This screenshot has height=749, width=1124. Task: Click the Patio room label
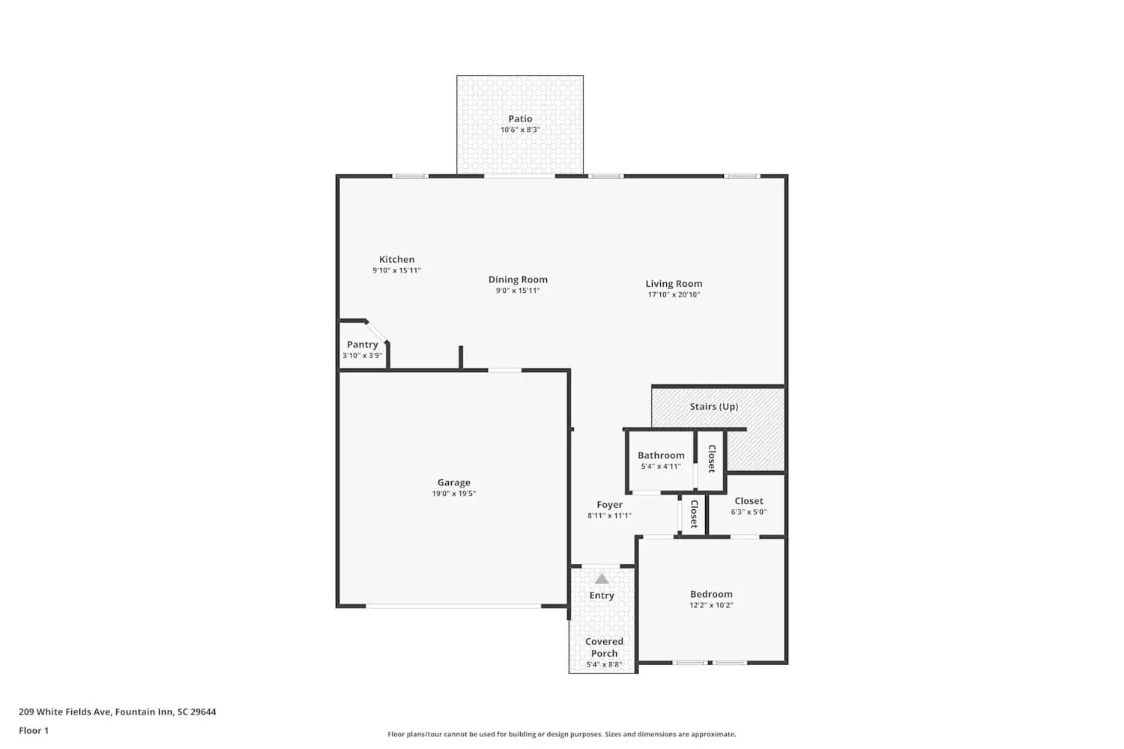tap(520, 118)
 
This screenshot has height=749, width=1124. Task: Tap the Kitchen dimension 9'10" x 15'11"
tap(396, 270)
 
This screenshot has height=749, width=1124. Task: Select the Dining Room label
tap(518, 279)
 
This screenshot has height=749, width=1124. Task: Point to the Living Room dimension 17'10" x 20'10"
tap(674, 294)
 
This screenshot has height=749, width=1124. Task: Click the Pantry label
tap(362, 345)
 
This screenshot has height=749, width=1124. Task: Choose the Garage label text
tap(453, 482)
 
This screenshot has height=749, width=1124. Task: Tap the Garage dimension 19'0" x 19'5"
tap(453, 494)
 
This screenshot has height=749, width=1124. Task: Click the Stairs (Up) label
tap(713, 407)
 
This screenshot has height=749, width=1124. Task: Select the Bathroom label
tap(661, 455)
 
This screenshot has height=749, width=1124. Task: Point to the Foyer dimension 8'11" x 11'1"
tap(609, 515)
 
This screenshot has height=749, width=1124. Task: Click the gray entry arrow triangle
tap(602, 579)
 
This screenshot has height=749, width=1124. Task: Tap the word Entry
tap(602, 595)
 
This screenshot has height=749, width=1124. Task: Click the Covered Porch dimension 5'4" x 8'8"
tap(604, 664)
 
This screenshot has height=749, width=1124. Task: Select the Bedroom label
tap(711, 594)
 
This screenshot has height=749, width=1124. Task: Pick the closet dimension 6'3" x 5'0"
tap(749, 512)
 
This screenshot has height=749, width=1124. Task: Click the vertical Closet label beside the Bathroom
tap(712, 458)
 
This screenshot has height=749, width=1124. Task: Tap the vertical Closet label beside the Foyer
tap(694, 514)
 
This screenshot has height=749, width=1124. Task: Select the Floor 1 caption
tap(34, 730)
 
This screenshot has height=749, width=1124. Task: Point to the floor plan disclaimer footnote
tap(561, 734)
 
